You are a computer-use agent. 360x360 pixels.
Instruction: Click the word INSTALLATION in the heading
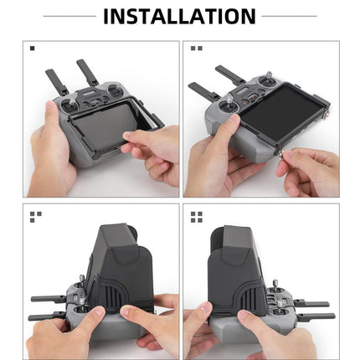point(179,15)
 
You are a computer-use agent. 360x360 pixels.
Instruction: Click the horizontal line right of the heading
point(290,16)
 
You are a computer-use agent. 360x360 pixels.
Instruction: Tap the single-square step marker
point(33,49)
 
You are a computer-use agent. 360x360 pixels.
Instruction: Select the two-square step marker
point(197,49)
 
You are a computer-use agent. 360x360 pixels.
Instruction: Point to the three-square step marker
point(35,216)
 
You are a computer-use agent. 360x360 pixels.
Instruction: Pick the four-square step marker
point(197,217)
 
